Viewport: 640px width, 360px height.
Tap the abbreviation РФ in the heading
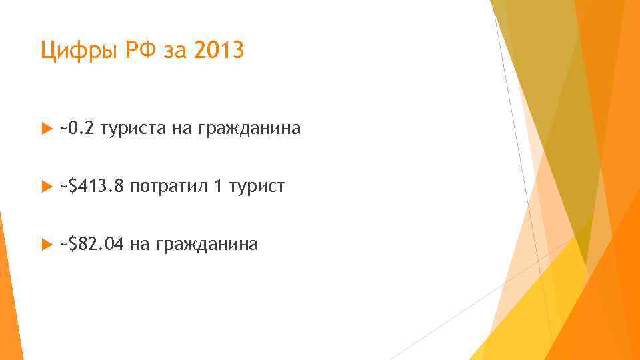134,51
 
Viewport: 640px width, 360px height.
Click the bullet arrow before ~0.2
45,128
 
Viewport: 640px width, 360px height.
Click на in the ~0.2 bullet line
182,128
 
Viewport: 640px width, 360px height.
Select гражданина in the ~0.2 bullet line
249,128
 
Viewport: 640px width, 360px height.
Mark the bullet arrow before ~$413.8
45,187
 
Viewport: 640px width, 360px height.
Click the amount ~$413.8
92,187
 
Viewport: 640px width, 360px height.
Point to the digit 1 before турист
217,187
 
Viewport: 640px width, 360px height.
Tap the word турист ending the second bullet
257,187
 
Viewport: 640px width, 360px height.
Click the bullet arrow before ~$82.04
45,245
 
